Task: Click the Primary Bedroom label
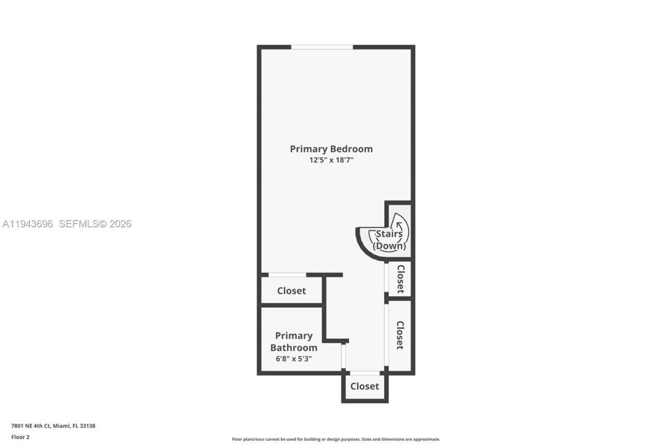pos(331,149)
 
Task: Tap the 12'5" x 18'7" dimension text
pos(331,161)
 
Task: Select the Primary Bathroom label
pos(293,341)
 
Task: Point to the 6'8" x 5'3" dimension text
pos(293,359)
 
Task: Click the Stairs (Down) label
pos(389,240)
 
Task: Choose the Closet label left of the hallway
pos(291,291)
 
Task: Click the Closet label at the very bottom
pos(364,387)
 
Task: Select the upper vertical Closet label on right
pos(401,279)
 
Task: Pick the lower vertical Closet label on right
pos(400,335)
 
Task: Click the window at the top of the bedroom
pos(322,47)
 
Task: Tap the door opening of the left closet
pos(287,275)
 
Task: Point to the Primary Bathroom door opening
pos(343,357)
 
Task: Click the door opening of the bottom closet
pos(365,373)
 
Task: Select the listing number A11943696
pos(28,224)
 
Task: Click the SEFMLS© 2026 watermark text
pos(95,224)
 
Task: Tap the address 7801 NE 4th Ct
pos(34,426)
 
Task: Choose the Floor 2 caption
pos(20,437)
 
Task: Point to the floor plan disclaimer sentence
pos(336,439)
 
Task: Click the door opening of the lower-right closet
pos(386,335)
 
